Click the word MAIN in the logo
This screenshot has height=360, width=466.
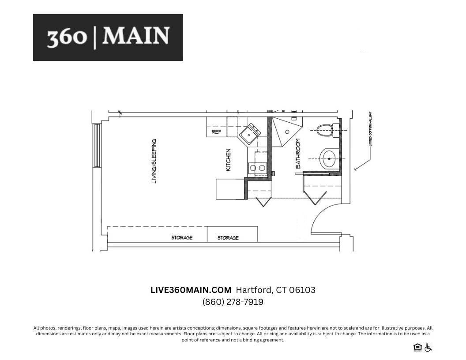[x=135, y=36]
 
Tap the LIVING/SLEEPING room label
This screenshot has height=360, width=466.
[x=154, y=161]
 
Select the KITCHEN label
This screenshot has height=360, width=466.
[x=229, y=160]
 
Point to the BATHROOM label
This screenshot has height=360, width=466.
[x=298, y=154]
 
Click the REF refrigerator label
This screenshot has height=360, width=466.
[x=216, y=131]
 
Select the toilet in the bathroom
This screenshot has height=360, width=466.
[x=326, y=129]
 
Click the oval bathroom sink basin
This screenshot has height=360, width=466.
[x=329, y=159]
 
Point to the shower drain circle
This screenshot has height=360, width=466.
[x=287, y=131]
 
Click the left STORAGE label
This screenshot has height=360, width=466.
[x=182, y=238]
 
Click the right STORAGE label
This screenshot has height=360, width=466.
[x=228, y=238]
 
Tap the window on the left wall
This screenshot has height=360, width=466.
[x=97, y=146]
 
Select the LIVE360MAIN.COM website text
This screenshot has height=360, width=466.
[x=191, y=290]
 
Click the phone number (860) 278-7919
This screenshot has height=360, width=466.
[x=233, y=302]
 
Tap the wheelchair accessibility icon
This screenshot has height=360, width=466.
[x=428, y=348]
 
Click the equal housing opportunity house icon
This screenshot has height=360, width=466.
[x=417, y=348]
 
